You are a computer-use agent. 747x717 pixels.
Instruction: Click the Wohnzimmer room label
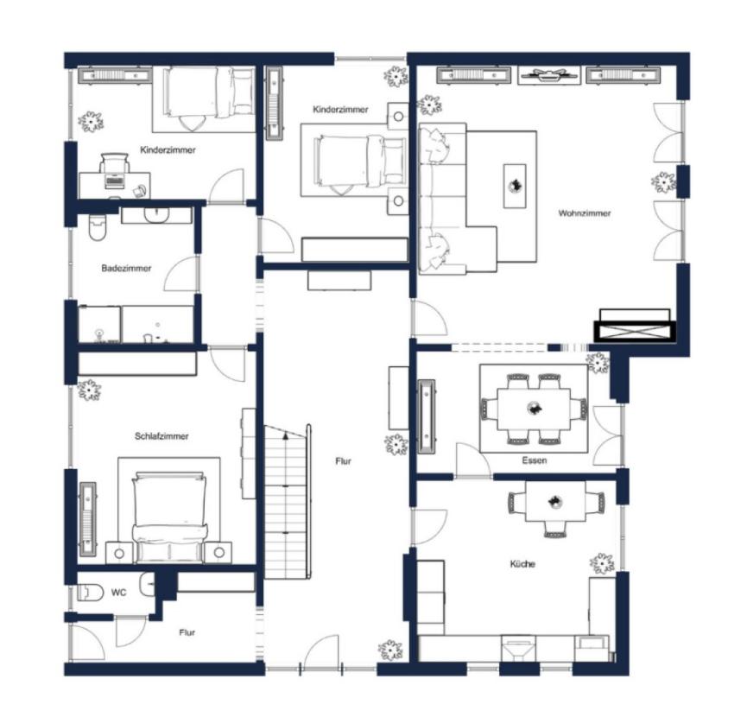(584, 213)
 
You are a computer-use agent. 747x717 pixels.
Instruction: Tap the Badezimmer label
(126, 268)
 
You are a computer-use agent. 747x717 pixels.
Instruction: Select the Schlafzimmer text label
(161, 436)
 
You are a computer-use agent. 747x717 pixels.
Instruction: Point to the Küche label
(522, 564)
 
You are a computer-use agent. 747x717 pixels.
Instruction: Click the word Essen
(534, 460)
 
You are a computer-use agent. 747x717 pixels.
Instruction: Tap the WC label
(118, 593)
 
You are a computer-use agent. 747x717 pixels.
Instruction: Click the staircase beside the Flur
(288, 502)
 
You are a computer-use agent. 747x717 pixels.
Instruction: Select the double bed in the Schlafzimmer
(169, 517)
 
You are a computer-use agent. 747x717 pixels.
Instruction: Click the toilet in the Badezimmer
(97, 227)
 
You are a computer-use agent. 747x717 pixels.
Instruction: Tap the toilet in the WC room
(91, 593)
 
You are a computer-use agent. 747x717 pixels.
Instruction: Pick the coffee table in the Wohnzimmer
(515, 186)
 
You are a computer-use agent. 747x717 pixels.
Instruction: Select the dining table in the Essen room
(534, 409)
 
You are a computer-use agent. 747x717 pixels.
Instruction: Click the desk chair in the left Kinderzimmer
(114, 163)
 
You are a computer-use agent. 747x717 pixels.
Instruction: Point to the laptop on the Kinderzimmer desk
(114, 181)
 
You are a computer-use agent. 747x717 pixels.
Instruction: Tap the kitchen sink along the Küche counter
(519, 648)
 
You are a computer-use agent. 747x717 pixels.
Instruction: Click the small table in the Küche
(555, 502)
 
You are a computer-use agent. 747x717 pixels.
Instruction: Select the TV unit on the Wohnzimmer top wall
(549, 75)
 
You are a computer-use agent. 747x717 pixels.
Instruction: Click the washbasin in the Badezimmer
(156, 215)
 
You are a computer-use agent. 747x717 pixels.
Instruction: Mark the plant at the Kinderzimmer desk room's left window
(91, 122)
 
